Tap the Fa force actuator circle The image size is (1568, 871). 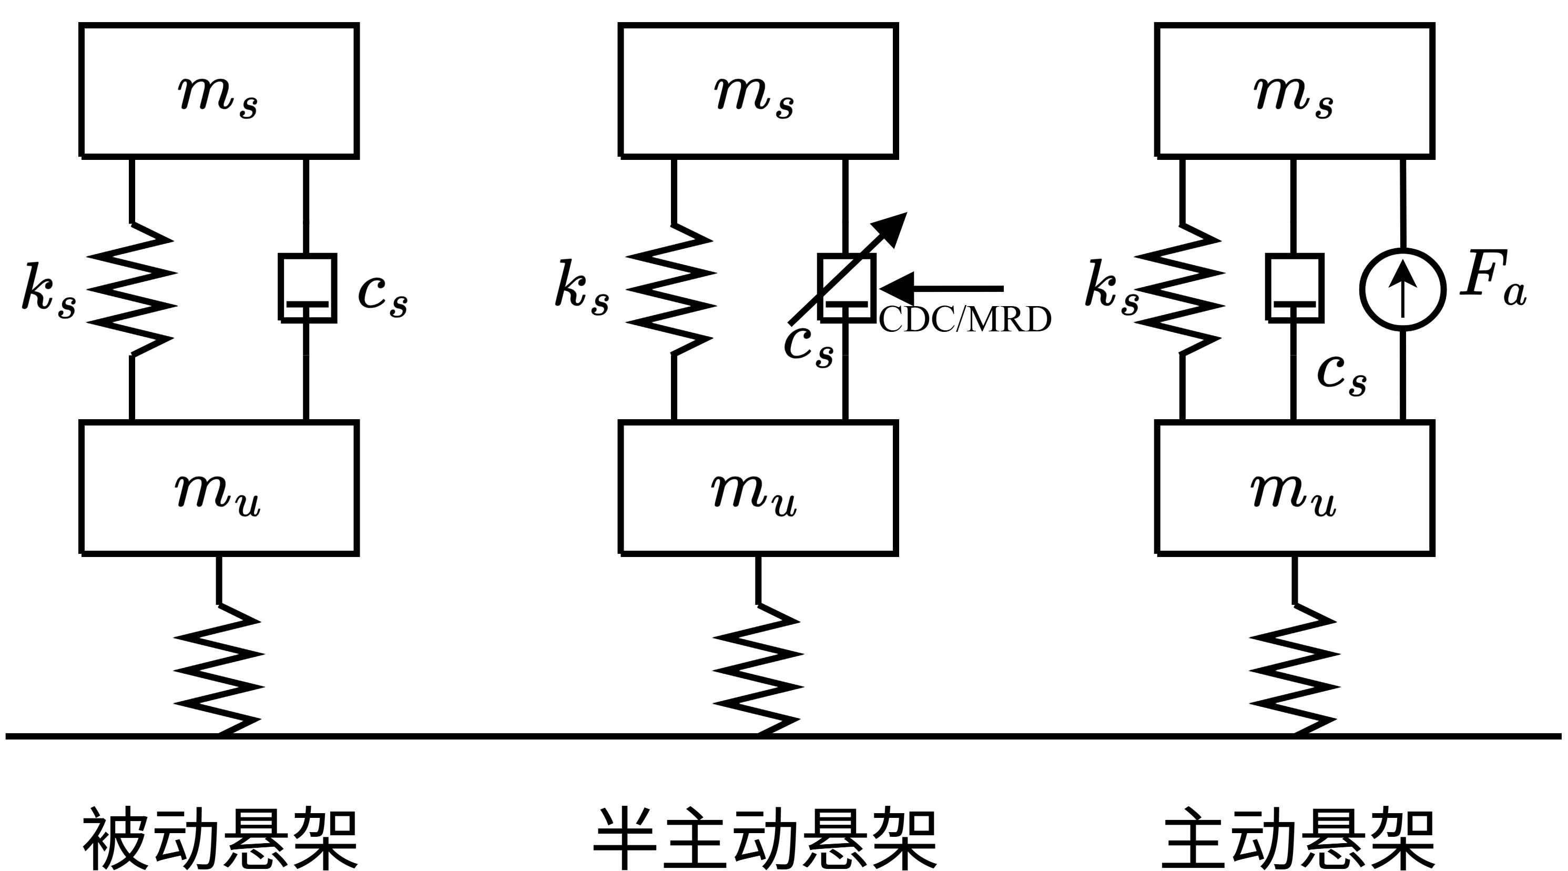(x=1402, y=290)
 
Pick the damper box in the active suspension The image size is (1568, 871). (x=1294, y=287)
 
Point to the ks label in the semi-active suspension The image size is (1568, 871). (x=582, y=286)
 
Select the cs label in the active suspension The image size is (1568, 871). (x=1341, y=373)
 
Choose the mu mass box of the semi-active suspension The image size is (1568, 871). (x=758, y=488)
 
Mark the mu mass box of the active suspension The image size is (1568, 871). (x=1295, y=488)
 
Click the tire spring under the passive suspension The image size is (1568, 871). (x=219, y=670)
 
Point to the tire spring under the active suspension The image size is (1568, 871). (x=1295, y=670)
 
